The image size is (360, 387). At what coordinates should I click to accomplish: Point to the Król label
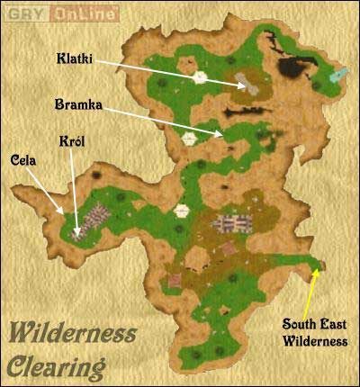click(x=72, y=142)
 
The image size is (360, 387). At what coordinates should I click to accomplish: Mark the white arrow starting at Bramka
click(x=166, y=120)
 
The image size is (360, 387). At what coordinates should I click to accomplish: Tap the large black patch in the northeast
click(x=292, y=67)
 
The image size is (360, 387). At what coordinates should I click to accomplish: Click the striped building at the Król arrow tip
click(x=93, y=219)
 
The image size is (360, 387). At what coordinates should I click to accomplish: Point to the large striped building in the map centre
click(x=230, y=224)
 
